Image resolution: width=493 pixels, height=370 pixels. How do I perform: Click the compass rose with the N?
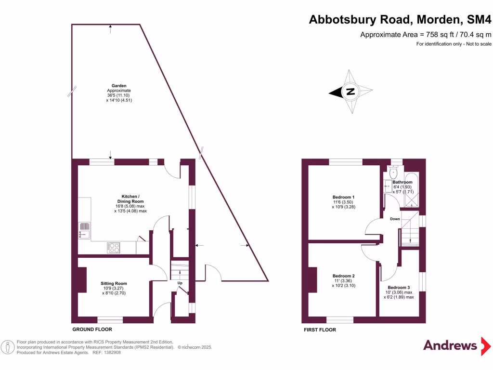[351, 92]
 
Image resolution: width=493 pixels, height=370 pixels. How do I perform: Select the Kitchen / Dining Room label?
[130, 199]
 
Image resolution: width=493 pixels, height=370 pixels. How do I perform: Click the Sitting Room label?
[114, 283]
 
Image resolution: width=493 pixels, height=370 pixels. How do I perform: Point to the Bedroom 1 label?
[343, 197]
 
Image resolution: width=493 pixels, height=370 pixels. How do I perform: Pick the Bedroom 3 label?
[399, 288]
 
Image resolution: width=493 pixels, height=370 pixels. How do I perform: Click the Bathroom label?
[402, 182]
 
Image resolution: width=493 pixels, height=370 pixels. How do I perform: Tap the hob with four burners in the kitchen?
[114, 248]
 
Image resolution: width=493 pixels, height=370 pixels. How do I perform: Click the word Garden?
[119, 86]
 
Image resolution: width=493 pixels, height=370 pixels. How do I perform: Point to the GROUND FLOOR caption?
[92, 330]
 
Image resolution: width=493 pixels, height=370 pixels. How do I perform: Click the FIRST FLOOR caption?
[320, 330]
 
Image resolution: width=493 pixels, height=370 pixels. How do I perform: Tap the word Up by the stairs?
[181, 283]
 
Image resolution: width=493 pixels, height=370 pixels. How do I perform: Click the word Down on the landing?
[395, 219]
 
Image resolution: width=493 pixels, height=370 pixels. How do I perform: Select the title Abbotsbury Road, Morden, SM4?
[401, 20]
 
